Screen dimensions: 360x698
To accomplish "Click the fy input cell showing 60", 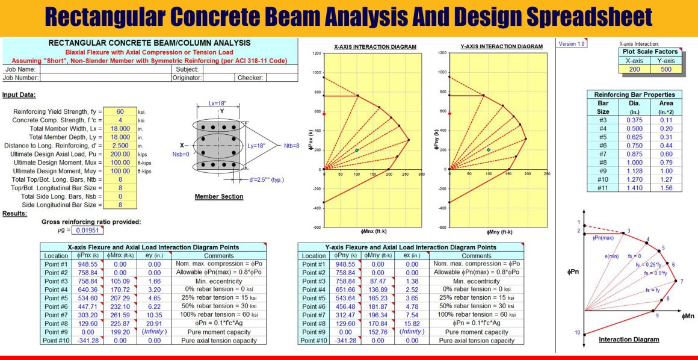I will point(120,112).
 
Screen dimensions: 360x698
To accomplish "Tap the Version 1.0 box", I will point(572,44).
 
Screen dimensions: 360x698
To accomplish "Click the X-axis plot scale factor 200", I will point(635,69).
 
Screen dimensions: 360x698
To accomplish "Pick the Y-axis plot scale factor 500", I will point(666,69).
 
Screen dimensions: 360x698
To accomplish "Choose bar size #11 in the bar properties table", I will point(603,188).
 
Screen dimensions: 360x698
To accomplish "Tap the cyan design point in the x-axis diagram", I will point(357,150).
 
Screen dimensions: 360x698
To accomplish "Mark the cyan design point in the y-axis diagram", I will point(489,149).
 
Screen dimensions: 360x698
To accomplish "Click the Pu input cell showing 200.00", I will point(120,154).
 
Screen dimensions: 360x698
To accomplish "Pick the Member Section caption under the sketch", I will point(219,196).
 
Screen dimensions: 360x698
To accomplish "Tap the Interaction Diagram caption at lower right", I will point(629,340).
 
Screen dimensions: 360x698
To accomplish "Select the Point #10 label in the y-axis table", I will point(313,340).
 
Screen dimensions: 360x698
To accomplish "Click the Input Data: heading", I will point(19,95).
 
